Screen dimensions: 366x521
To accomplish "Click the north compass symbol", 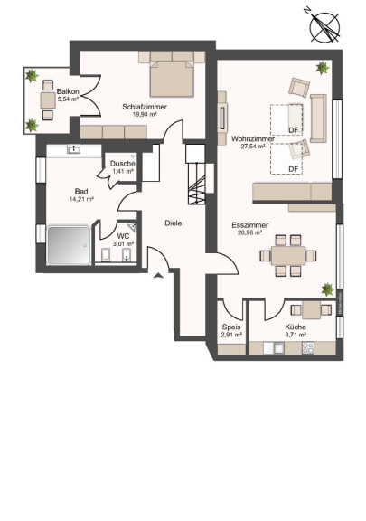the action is (324, 26).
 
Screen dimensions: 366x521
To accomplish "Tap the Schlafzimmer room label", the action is (145, 107).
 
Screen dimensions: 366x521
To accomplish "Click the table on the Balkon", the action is (48, 100).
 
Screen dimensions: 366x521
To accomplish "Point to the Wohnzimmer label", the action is (253, 138).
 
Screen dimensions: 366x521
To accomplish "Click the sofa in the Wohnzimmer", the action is (318, 118).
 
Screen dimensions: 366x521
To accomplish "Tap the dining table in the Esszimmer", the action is (288, 255).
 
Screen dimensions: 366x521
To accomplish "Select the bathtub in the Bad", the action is (69, 245).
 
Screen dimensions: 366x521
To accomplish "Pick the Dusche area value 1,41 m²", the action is (123, 171).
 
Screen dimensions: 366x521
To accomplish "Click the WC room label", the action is (123, 237).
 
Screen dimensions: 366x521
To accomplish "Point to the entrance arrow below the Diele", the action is (158, 274).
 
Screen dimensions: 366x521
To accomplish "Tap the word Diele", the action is (174, 223).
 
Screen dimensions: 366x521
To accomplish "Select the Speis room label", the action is (231, 327).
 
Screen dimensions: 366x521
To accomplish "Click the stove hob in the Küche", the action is (308, 348).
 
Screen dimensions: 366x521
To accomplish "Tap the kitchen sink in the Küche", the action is (278, 348).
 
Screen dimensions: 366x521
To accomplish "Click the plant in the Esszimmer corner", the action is (327, 289).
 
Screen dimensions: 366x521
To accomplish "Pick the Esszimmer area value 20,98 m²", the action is (249, 232).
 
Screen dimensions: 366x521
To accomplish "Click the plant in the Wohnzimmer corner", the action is (323, 68).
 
